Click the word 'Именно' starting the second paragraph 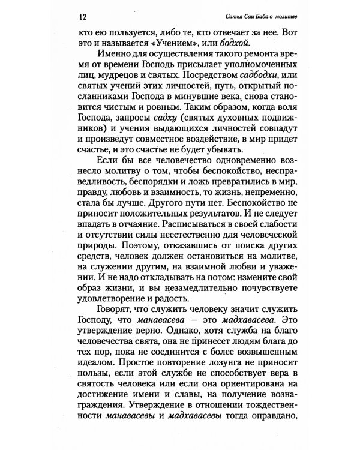point(106,60)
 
